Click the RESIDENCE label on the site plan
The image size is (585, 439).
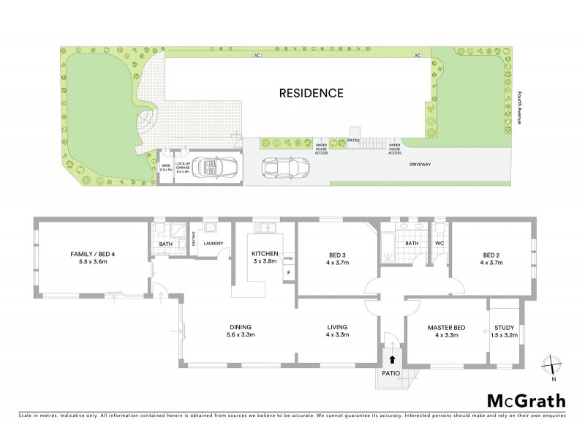311,94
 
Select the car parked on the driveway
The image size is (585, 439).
285,169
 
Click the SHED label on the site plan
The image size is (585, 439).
166,166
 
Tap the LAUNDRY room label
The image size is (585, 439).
214,244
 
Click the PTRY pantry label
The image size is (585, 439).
288,258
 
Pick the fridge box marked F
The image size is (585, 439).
289,273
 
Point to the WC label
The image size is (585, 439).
439,243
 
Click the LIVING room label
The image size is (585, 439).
338,331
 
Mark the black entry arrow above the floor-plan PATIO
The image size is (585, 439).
393,359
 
